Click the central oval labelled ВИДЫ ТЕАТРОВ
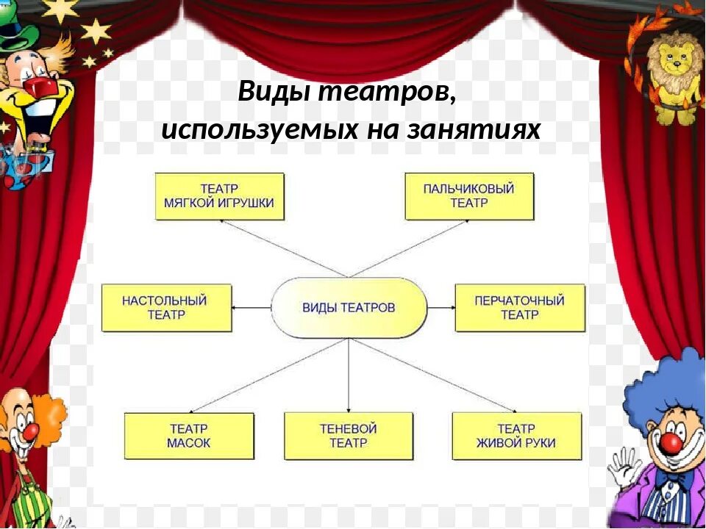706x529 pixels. click(349, 307)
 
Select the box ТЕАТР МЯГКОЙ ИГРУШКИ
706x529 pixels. click(220, 196)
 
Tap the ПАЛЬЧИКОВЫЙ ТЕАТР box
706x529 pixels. click(469, 196)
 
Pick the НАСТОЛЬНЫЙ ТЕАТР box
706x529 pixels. click(166, 307)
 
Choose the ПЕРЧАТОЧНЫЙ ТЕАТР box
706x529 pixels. click(520, 307)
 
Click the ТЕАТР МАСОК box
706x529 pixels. click(189, 436)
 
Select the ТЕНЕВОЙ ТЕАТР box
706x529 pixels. click(349, 436)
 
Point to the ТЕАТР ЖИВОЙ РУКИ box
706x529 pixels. click(516, 436)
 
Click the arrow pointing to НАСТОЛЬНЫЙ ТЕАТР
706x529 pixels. click(251, 307)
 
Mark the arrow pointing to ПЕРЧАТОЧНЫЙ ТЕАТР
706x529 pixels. click(441, 307)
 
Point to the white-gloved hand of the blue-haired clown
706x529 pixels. click(624, 467)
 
